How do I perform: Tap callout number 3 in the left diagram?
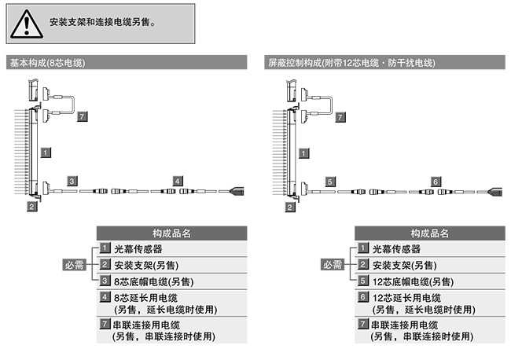tap(72, 181)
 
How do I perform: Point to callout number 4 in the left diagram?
tap(178, 181)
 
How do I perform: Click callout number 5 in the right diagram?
tap(330, 181)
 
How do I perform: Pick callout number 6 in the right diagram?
tap(436, 181)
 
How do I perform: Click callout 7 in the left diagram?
tap(83, 116)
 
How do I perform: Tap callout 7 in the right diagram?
tap(340, 116)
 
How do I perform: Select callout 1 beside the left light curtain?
tap(46, 150)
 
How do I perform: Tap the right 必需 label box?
tap(333, 265)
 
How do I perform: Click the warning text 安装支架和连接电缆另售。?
tap(101, 23)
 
